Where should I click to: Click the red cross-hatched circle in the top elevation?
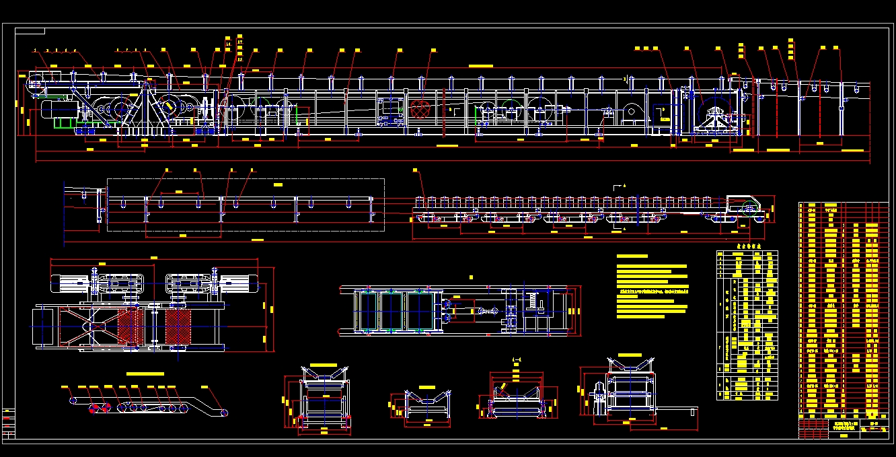tap(420, 109)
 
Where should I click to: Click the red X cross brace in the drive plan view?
tap(88, 327)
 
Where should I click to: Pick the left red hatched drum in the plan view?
tap(131, 327)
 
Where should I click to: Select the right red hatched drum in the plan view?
tap(179, 327)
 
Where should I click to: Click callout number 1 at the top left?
tap(36, 50)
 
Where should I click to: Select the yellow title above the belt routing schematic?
tap(145, 373)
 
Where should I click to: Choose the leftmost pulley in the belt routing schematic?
tap(73, 400)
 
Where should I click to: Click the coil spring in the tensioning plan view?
tap(533, 302)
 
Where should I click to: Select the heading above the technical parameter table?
tap(747, 246)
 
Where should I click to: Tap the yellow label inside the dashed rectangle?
tap(278, 183)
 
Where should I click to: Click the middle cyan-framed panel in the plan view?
tap(391, 311)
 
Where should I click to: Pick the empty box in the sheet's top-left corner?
tap(30, 31)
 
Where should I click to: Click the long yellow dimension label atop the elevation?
tap(480, 66)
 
